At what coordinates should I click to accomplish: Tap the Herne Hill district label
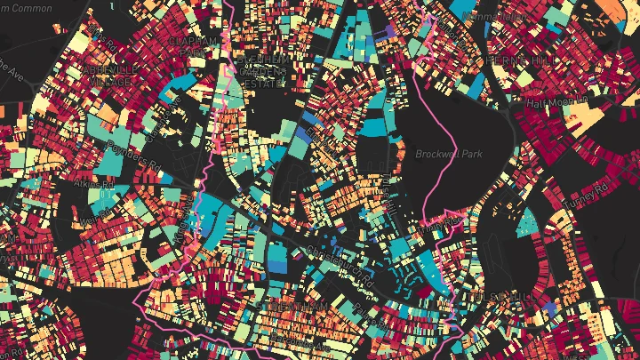[x=513, y=59]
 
